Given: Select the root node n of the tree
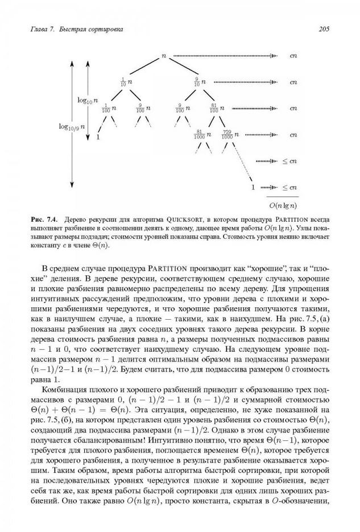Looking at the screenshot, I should (x=164, y=55).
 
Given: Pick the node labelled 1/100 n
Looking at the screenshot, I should (x=109, y=108).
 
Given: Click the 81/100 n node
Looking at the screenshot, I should (x=217, y=108).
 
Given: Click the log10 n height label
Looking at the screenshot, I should (x=88, y=100).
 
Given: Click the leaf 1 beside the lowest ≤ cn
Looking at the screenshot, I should (x=253, y=187).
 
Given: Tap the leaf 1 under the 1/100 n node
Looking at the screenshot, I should (x=98, y=137).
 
